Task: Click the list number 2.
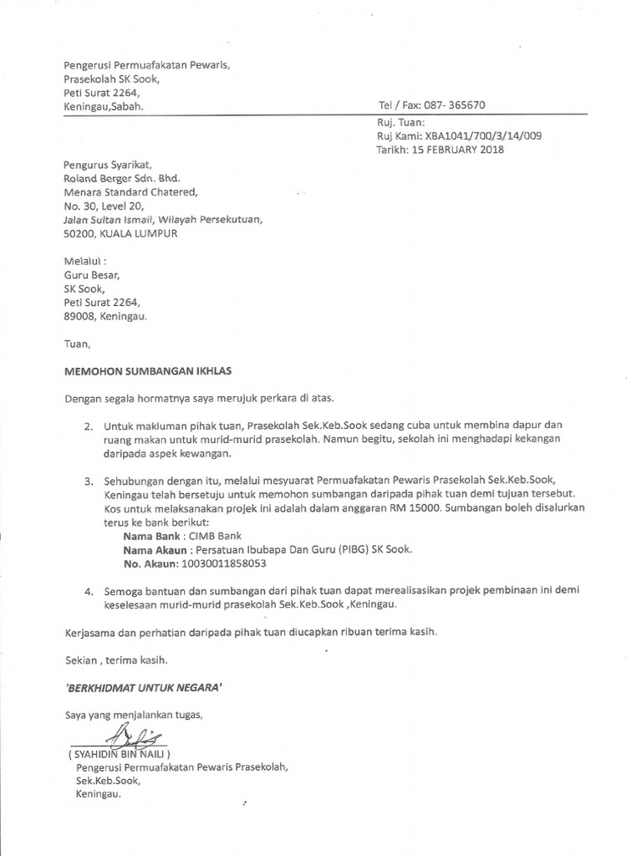(x=88, y=425)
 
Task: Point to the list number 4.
(x=88, y=590)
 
